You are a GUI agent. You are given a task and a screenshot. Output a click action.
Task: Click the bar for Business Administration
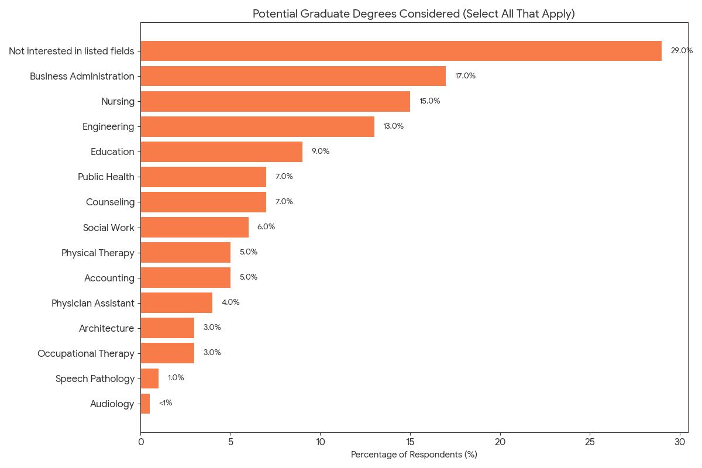293,76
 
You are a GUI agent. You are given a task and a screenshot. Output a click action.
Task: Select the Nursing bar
275,101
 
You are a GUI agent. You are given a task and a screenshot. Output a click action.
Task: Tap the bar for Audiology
145,404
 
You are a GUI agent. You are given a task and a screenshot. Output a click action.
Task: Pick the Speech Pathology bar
150,378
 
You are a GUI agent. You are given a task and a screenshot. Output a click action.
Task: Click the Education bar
221,152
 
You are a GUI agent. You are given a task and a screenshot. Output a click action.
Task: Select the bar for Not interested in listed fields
401,51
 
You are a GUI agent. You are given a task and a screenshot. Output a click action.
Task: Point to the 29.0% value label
682,51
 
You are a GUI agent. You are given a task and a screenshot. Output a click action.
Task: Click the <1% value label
166,403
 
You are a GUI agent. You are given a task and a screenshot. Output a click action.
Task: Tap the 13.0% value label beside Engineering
393,126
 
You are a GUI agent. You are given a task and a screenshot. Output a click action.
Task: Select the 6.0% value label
266,227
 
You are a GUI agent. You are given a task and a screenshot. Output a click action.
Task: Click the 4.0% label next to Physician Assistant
230,302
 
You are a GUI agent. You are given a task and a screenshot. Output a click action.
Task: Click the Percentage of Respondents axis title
414,455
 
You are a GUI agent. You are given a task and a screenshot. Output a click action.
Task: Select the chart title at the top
414,14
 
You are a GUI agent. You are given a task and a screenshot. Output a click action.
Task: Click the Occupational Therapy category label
86,353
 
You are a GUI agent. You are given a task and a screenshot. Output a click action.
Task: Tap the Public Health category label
106,177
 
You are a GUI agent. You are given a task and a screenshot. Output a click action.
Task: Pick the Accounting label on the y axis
109,278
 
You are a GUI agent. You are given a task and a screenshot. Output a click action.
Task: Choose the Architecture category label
106,328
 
